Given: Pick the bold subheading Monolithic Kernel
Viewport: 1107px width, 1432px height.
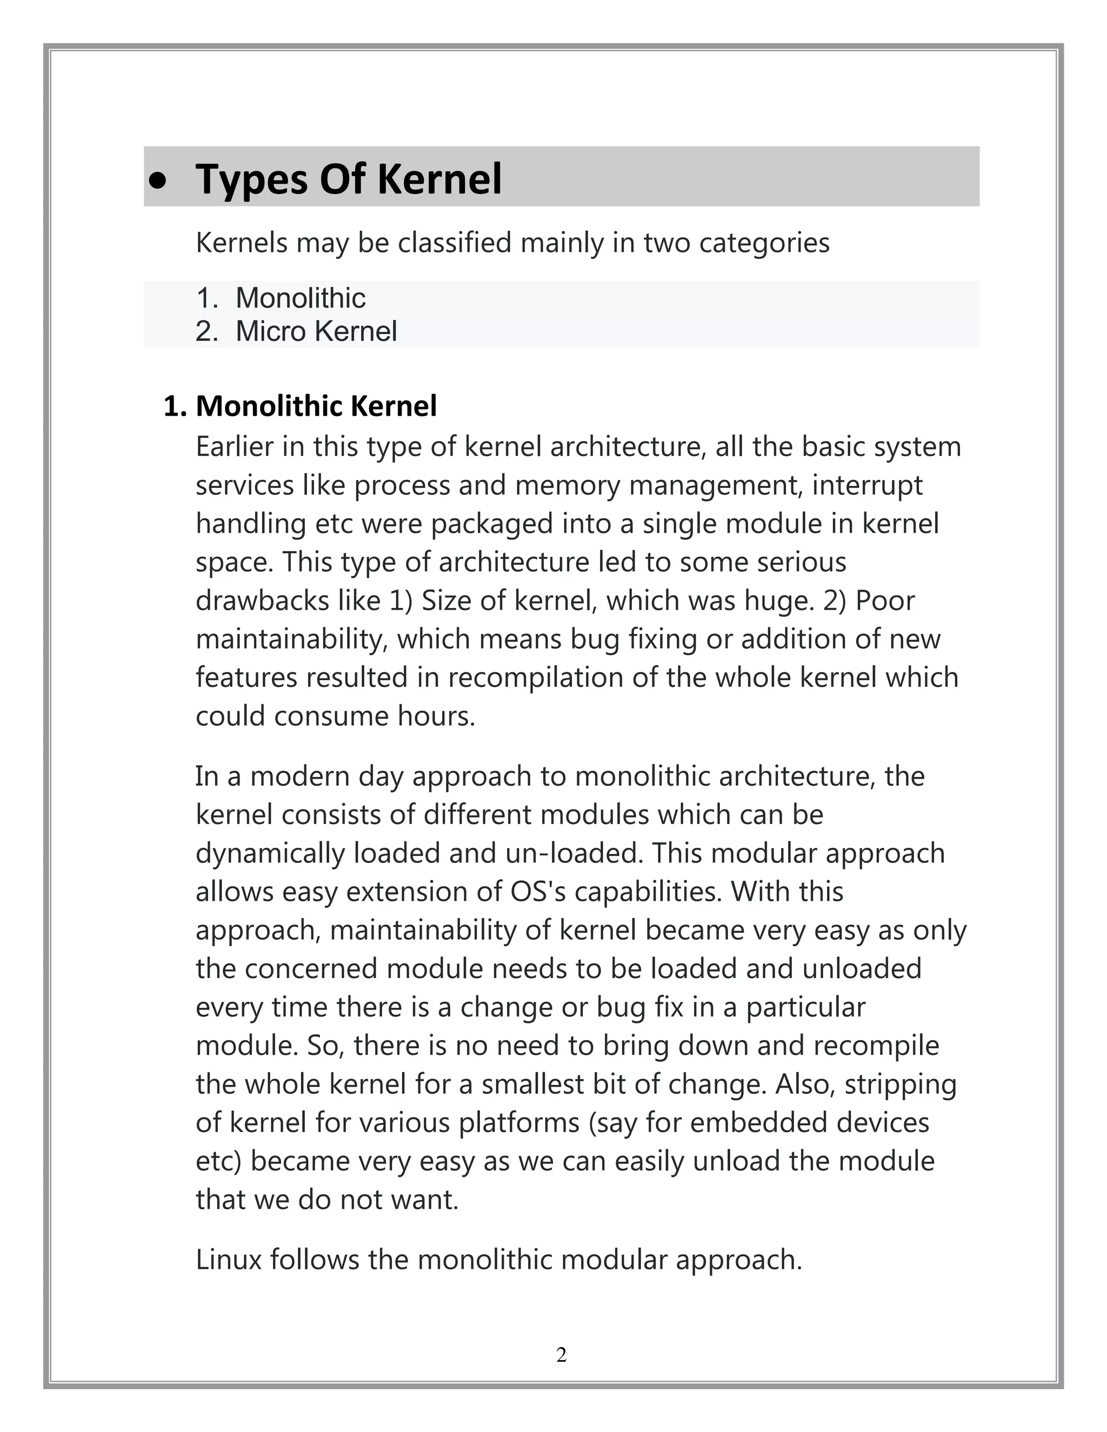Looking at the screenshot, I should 316,406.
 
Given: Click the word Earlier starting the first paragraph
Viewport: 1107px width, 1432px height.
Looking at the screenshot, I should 235,447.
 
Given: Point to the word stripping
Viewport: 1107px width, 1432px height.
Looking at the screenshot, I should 901,1085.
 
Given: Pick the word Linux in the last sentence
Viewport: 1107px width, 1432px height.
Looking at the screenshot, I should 228,1260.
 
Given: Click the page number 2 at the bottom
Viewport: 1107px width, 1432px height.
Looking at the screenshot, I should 562,1355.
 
